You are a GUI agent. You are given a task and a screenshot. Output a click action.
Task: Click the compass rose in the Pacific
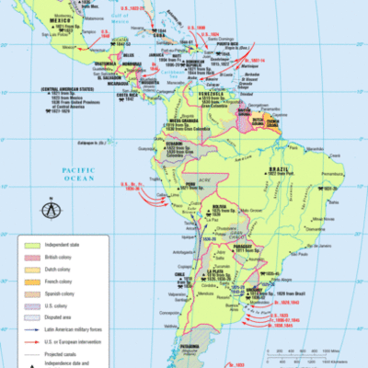[x=48, y=209]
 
